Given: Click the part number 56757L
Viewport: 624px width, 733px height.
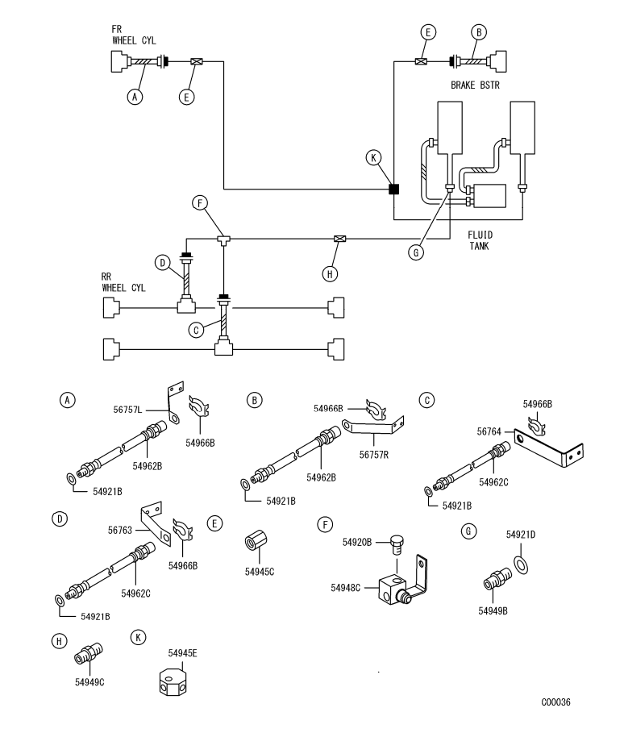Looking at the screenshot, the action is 127,410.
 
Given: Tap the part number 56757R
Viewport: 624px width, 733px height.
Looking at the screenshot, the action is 373,454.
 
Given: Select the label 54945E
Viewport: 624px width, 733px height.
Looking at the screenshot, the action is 182,653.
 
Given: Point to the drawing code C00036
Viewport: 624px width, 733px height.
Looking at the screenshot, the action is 555,702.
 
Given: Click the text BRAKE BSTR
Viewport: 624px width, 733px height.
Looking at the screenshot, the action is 475,85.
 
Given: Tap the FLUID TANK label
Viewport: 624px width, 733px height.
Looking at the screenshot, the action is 480,240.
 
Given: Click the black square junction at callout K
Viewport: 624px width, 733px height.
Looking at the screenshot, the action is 394,189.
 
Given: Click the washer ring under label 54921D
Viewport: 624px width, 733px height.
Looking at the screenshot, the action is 521,564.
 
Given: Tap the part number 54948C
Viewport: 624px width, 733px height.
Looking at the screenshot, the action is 345,588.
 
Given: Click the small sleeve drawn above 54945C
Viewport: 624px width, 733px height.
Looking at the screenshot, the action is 256,540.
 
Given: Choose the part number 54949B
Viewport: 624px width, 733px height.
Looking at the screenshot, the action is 493,610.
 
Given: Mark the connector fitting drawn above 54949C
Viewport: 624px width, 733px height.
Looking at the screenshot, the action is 89,653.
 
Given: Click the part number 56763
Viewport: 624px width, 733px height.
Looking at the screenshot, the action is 120,530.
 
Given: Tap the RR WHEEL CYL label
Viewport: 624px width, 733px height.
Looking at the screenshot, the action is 123,282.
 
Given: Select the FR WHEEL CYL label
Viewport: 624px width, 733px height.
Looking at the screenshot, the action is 134,35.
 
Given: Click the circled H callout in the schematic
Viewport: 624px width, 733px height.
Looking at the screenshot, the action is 330,274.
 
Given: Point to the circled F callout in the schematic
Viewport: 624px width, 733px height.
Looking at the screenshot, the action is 200,203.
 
